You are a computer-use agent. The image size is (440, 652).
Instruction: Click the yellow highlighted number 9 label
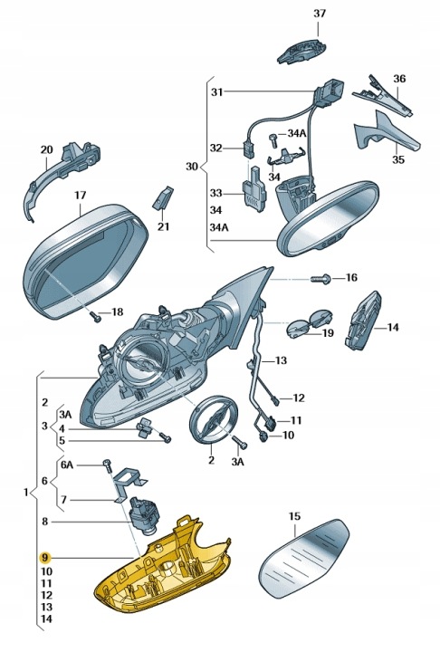pos(44,557)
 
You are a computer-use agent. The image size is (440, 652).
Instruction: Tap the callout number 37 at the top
pos(319,14)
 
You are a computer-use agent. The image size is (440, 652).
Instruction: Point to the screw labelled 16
pos(320,278)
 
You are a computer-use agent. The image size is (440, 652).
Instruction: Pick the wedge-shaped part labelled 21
pos(163,197)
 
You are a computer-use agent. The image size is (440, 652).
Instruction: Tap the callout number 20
pos(46,149)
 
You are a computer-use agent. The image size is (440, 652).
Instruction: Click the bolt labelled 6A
pos(108,466)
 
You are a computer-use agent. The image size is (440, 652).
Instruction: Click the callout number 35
pos(398,159)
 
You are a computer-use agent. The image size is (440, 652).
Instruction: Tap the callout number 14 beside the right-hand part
pos(392,327)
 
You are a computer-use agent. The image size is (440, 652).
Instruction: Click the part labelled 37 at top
pos(303,50)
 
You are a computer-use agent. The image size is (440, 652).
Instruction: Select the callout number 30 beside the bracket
pos(193,167)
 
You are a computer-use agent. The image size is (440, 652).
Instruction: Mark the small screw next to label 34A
pos(273,139)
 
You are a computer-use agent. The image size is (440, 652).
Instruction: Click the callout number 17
pos(81,195)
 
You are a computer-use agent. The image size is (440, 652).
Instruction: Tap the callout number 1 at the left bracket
pos(25,493)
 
